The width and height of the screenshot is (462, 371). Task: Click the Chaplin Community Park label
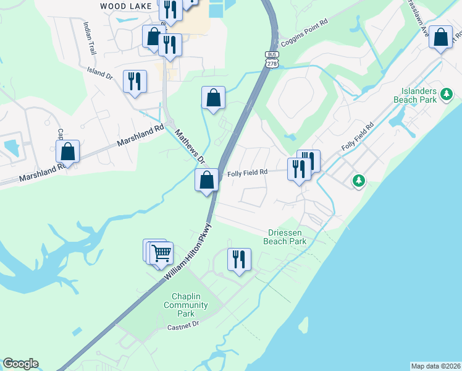click(x=185, y=305)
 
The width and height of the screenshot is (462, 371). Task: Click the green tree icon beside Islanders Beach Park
click(x=447, y=95)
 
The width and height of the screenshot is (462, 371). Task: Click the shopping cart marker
click(x=161, y=252)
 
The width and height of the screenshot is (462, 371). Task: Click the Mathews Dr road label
click(x=189, y=146)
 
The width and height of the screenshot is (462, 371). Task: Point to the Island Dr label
click(x=100, y=74)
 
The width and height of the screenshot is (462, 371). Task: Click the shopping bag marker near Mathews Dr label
click(x=207, y=180)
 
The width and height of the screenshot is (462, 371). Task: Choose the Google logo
click(x=20, y=364)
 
